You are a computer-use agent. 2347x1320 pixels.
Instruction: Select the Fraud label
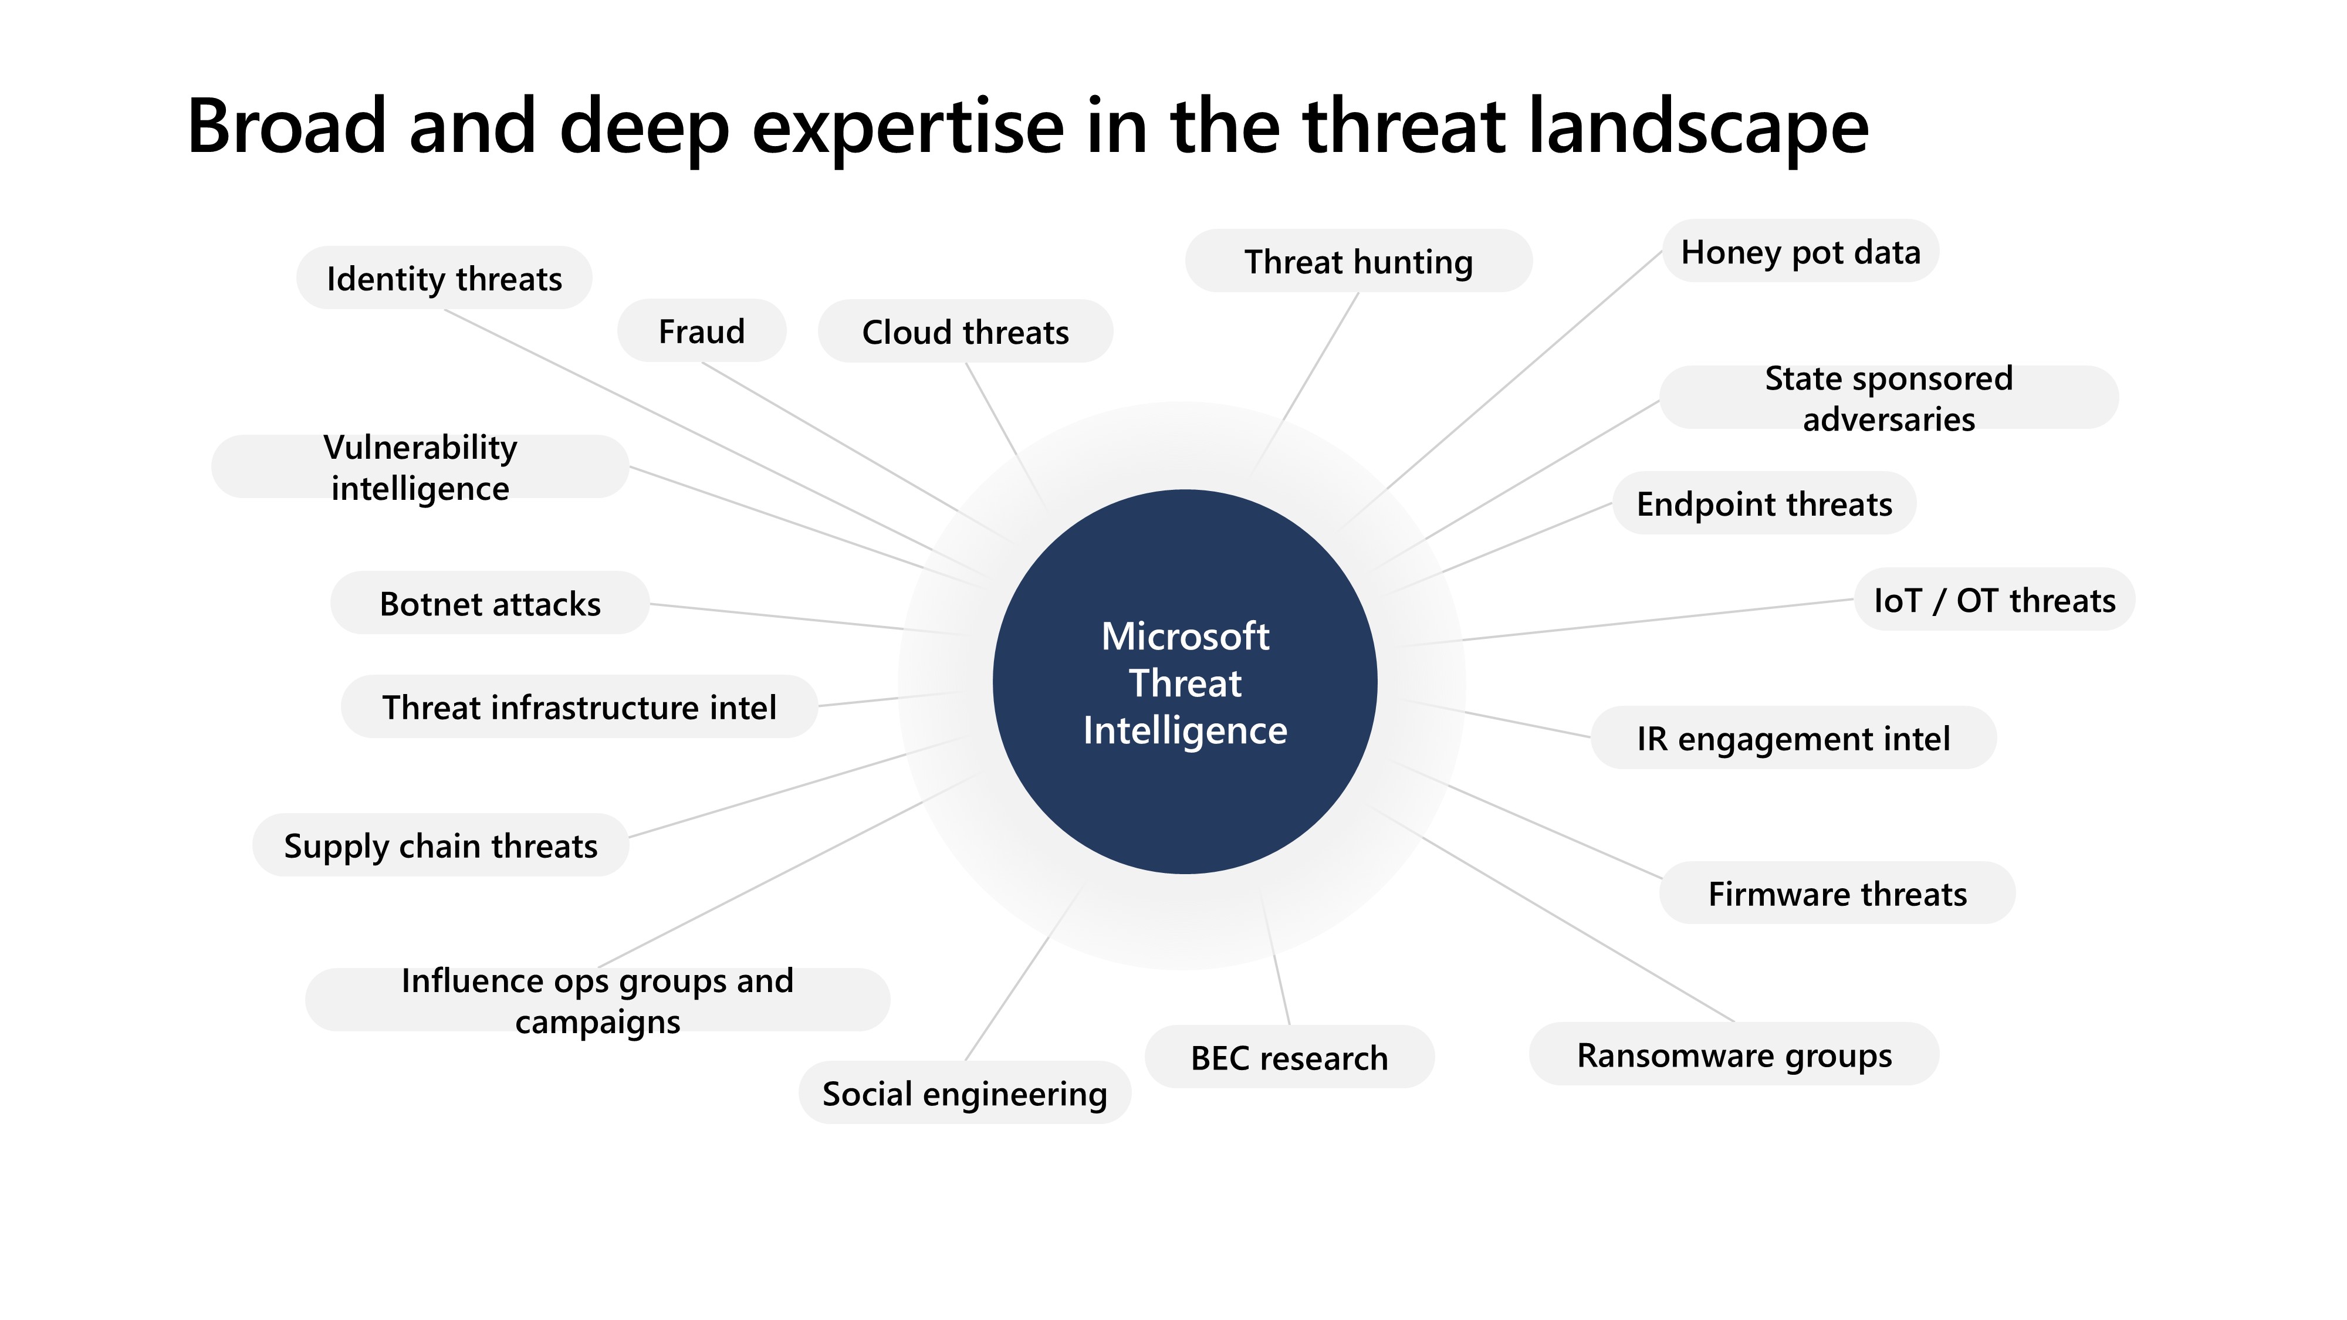coord(702,331)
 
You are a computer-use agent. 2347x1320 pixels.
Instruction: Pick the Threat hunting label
coord(1358,262)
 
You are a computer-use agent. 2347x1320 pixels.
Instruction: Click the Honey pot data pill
coord(1800,252)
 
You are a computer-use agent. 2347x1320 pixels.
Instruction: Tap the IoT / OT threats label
coord(1994,600)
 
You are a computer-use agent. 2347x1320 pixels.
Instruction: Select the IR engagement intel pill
coord(1793,739)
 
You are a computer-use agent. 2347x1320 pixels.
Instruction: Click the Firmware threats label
coord(1837,893)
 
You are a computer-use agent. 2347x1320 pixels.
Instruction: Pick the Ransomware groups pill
coord(1734,1055)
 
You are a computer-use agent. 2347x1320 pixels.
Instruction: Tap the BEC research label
coord(1289,1058)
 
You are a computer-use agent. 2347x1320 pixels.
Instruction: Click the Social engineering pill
coord(965,1093)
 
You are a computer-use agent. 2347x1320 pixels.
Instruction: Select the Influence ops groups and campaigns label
coord(598,1000)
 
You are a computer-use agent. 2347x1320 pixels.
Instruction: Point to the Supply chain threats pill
coord(441,845)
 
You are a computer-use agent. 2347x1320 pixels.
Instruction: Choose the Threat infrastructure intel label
coord(580,707)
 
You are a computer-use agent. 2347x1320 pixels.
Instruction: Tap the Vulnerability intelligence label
coord(420,468)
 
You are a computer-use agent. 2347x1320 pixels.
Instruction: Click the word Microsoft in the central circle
coord(1185,637)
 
